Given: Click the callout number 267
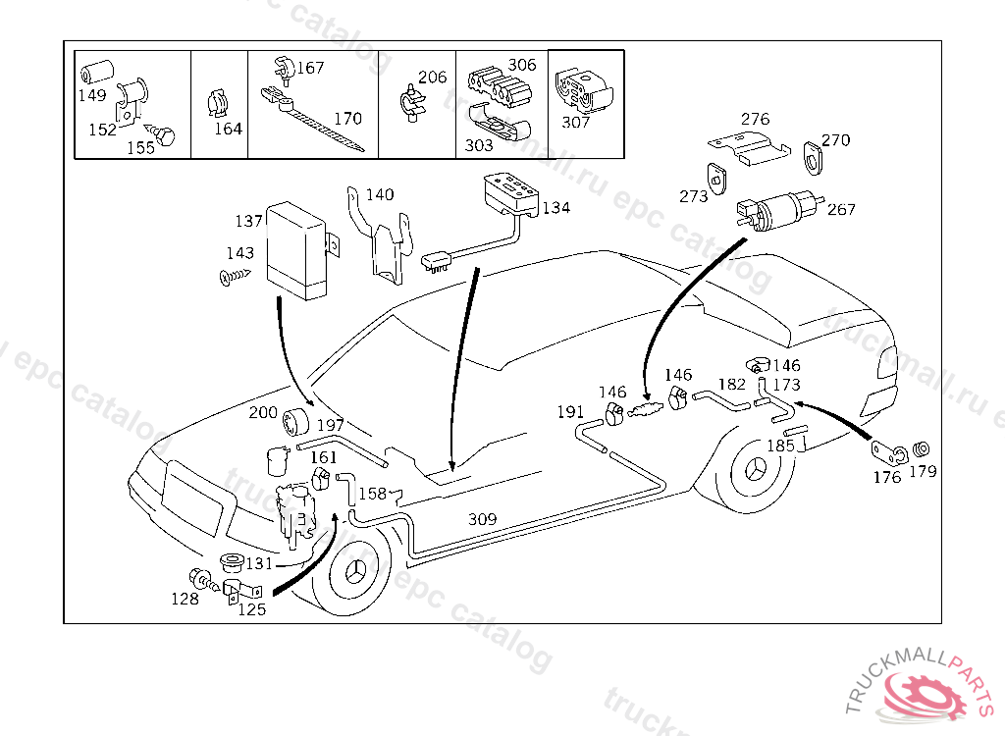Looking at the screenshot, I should coord(841,209).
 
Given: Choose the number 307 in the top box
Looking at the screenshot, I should coord(576,123).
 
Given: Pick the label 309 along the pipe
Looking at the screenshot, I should coord(482,518).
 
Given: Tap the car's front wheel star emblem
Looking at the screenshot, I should coord(351,578).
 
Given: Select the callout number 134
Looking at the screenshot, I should coord(555,208).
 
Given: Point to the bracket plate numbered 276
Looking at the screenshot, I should coord(750,145).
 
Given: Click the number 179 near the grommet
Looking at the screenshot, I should coord(923,471).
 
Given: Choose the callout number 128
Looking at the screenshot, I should coord(185,599).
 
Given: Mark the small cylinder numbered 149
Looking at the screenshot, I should coord(96,74).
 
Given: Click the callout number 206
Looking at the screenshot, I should coord(432,77).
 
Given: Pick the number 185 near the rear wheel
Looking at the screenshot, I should coord(780,446).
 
